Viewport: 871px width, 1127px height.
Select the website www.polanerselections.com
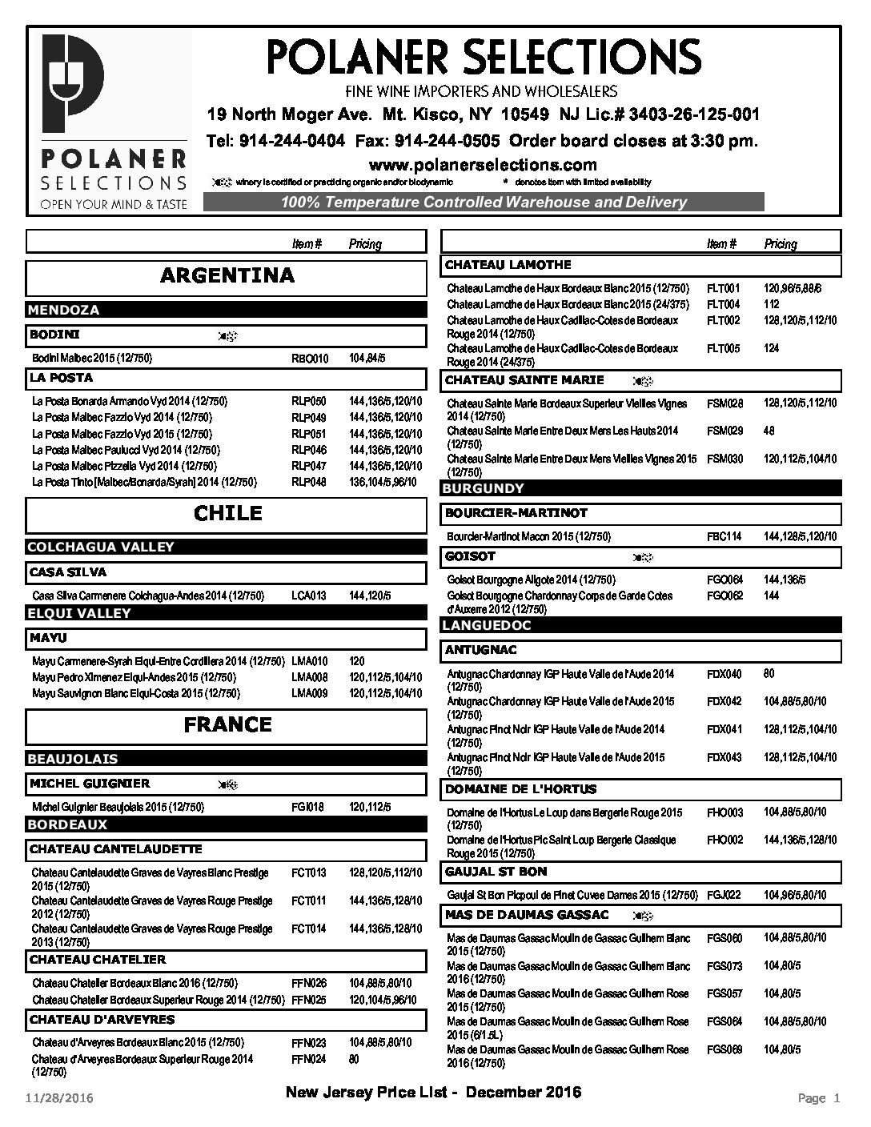click(483, 165)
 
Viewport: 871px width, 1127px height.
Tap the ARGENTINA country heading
click(227, 276)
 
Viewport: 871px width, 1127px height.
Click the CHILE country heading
click(227, 513)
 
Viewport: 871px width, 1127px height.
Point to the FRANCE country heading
click(227, 725)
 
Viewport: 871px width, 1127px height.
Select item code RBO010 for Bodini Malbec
click(310, 359)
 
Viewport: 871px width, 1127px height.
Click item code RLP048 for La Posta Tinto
click(309, 483)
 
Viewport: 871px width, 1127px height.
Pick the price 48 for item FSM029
click(769, 431)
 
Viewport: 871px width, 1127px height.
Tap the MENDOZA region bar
click(64, 310)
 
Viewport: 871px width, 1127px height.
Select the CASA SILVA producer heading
click(68, 572)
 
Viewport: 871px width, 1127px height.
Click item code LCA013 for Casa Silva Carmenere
click(309, 596)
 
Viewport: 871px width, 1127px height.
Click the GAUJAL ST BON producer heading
click(496, 871)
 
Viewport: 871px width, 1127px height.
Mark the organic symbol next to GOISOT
click(643, 556)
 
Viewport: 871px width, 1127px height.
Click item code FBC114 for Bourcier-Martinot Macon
click(724, 536)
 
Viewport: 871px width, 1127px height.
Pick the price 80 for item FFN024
click(355, 1059)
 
